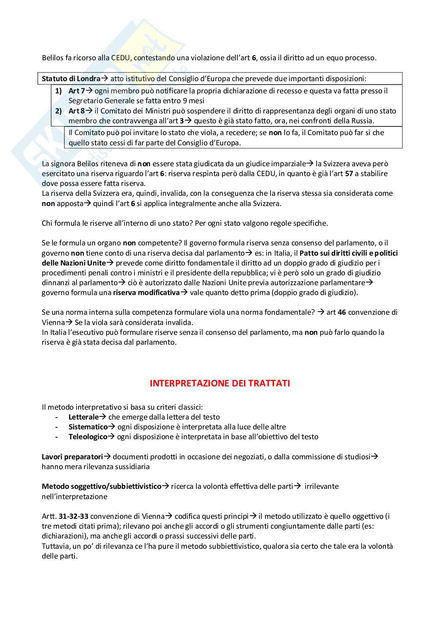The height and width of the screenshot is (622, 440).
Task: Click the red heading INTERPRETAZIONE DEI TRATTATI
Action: tap(220, 383)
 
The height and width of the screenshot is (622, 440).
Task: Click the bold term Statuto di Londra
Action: tap(71, 78)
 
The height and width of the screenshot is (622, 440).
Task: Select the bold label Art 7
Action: tap(76, 91)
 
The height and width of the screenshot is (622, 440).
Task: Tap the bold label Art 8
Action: tap(76, 111)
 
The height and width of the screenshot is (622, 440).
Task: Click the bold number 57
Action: tap(349, 174)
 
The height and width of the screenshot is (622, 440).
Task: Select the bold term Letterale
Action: tap(83, 417)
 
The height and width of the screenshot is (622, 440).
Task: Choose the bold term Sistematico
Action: tap(88, 427)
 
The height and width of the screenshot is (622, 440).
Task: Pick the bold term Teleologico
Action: tap(88, 436)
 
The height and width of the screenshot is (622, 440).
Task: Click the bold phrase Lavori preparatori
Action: tap(72, 457)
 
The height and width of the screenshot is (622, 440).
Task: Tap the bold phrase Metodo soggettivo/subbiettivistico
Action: tap(102, 486)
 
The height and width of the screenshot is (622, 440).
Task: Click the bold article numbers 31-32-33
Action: tap(73, 516)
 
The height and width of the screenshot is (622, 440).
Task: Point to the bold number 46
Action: tap(342, 312)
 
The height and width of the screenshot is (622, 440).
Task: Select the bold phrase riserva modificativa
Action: tap(146, 293)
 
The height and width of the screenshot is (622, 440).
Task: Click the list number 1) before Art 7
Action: tap(58, 91)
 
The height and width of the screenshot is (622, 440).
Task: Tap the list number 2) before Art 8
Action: tap(58, 111)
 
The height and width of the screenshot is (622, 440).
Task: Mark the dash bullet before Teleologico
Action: tap(57, 436)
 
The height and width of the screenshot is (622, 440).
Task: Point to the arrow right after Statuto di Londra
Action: tap(104, 78)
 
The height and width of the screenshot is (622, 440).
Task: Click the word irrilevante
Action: tap(321, 486)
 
